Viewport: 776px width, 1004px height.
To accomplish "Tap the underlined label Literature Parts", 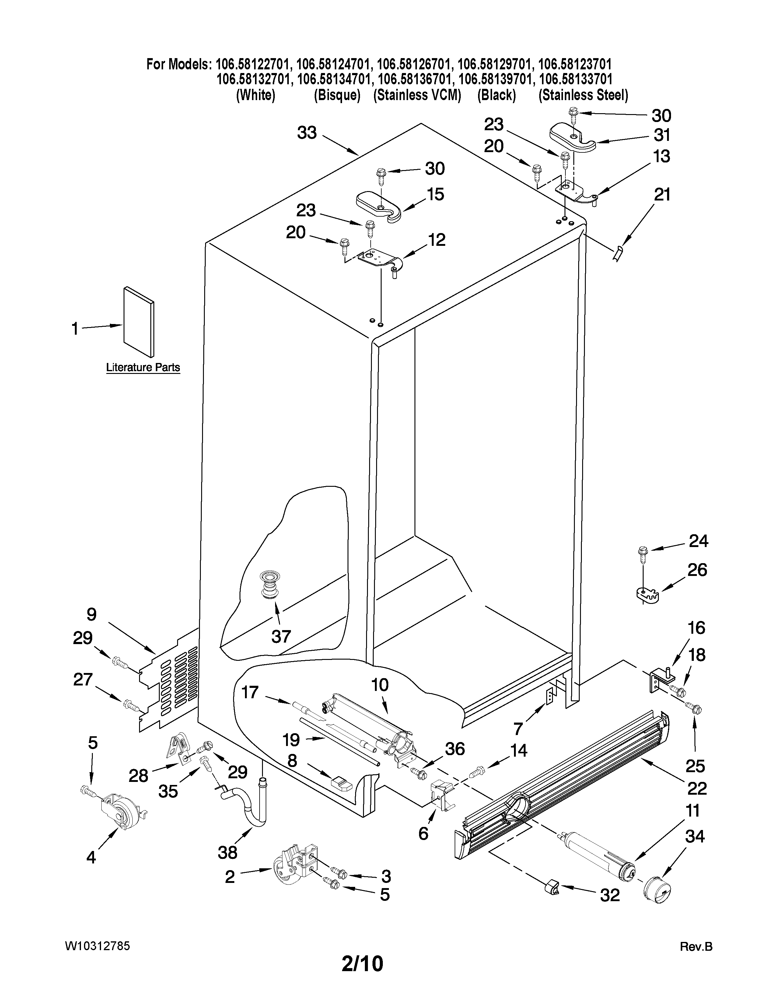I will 143,367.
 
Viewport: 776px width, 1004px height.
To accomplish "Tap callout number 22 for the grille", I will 697,789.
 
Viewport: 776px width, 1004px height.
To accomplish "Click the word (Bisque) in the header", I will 337,95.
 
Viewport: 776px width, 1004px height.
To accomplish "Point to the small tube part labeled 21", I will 619,253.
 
